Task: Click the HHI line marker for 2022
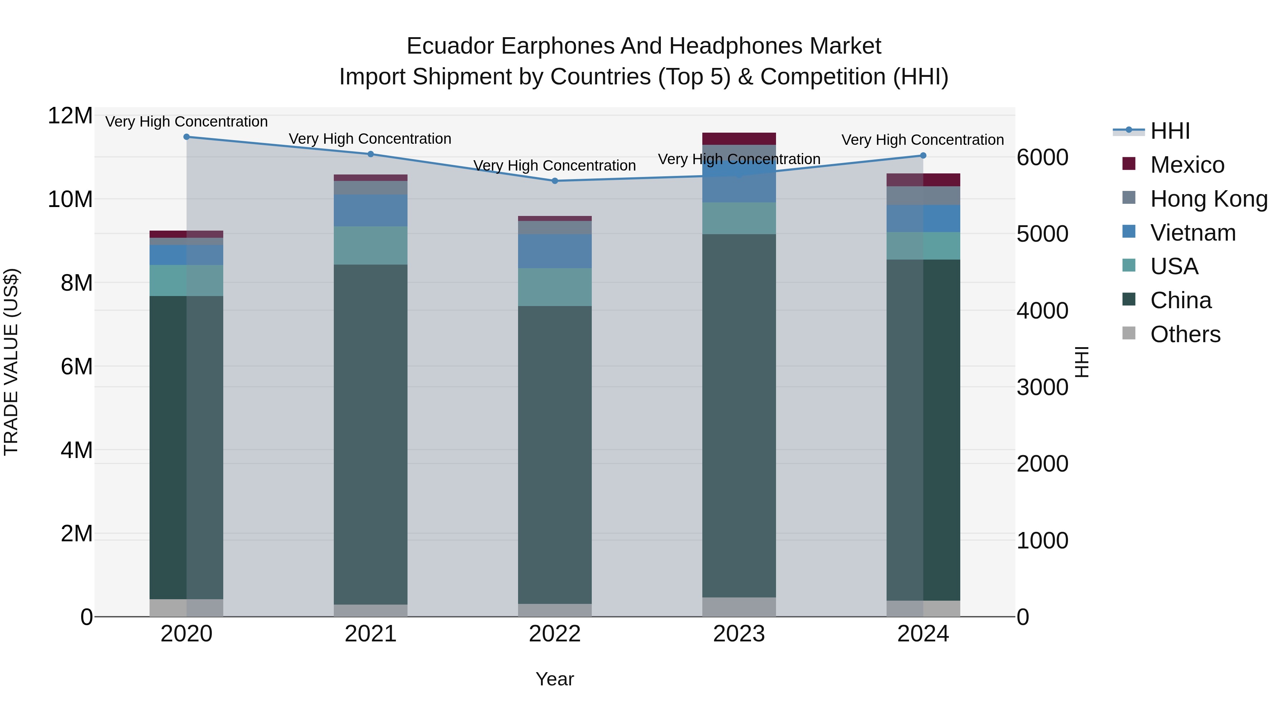pos(555,181)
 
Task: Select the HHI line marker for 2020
pos(186,137)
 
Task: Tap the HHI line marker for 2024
pos(923,156)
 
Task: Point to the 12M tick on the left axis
pos(70,116)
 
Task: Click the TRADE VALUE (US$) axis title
pos(11,362)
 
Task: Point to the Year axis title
pos(555,679)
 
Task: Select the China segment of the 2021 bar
pos(371,435)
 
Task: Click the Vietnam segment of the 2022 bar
pos(555,251)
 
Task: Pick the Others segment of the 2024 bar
pos(923,609)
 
